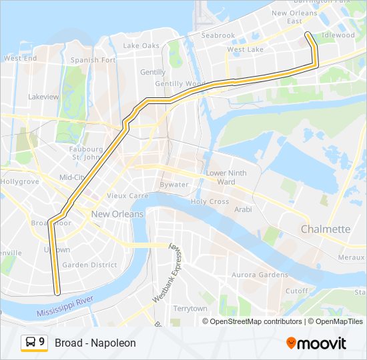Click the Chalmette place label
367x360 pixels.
pos(325,229)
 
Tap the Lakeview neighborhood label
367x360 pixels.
pos(44,97)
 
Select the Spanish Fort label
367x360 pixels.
pos(94,60)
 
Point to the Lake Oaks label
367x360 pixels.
pos(141,46)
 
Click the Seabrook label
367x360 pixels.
pos(218,35)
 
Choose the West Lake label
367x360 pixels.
pos(245,49)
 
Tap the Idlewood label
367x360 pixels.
pos(338,35)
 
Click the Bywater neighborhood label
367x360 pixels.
pos(173,185)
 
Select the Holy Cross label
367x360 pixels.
pos(210,201)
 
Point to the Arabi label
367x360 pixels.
pos(243,209)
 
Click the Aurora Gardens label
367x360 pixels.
pos(260,275)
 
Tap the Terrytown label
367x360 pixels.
pos(190,309)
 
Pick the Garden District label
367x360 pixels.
pos(89,265)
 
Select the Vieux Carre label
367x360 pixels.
pos(127,196)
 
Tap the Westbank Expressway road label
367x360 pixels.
pos(166,273)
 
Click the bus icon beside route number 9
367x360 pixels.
pos(31,343)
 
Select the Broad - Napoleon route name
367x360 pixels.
pos(95,343)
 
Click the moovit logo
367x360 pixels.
pos(316,343)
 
